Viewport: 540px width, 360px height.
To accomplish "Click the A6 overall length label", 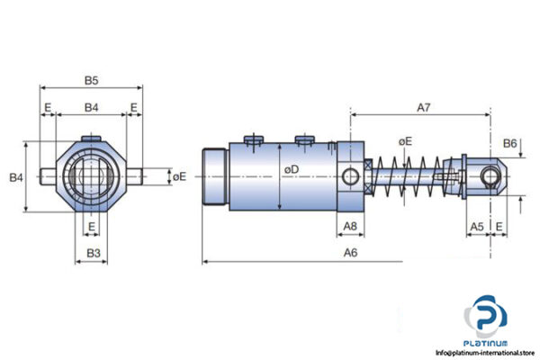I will [x=350, y=254].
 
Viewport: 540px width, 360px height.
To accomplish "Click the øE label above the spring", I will [x=405, y=141].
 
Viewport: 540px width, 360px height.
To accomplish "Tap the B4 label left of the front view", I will [x=16, y=177].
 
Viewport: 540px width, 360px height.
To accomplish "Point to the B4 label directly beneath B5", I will [x=92, y=108].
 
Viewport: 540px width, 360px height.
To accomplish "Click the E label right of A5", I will [x=500, y=227].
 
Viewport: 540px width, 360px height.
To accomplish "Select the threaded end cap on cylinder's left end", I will [x=216, y=175].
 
